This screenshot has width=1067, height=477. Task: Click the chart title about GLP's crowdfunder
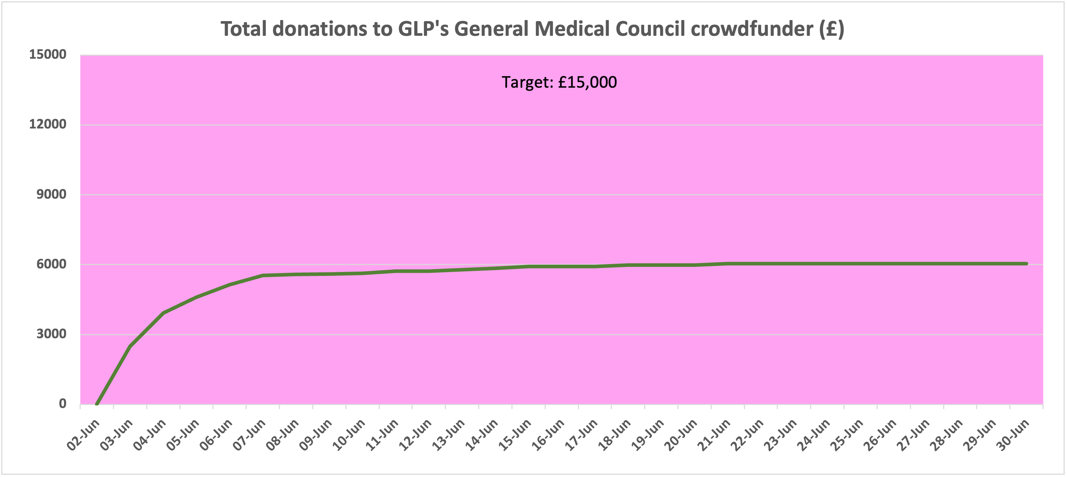pyautogui.click(x=532, y=29)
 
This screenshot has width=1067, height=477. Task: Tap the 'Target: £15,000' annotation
pyautogui.click(x=559, y=82)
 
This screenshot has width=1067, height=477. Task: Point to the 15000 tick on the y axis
pyautogui.click(x=48, y=54)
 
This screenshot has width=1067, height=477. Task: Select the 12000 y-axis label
pyautogui.click(x=48, y=124)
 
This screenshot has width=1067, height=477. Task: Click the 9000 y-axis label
pyautogui.click(x=52, y=194)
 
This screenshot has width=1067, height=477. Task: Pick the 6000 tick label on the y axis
pyautogui.click(x=52, y=264)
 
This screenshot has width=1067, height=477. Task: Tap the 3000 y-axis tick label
pyautogui.click(x=52, y=334)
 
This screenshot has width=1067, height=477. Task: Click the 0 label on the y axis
pyautogui.click(x=63, y=403)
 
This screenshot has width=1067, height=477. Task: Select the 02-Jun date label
pyautogui.click(x=84, y=434)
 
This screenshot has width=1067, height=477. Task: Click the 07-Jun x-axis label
pyautogui.click(x=250, y=434)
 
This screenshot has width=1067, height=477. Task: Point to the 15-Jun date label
pyautogui.click(x=515, y=434)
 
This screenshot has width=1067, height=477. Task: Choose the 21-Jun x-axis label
pyautogui.click(x=715, y=434)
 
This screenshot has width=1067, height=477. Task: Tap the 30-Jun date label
pyautogui.click(x=1013, y=434)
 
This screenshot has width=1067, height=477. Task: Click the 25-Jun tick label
pyautogui.click(x=847, y=434)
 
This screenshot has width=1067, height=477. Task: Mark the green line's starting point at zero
pyautogui.click(x=97, y=404)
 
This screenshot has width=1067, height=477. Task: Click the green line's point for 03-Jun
pyautogui.click(x=130, y=346)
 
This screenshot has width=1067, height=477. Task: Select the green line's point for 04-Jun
pyautogui.click(x=163, y=313)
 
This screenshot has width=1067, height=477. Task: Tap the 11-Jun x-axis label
pyautogui.click(x=383, y=434)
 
